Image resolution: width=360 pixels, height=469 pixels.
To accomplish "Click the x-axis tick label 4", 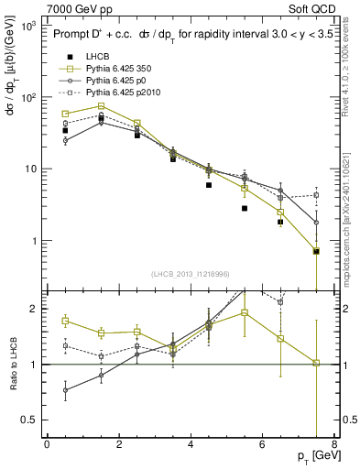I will (x=191, y=443).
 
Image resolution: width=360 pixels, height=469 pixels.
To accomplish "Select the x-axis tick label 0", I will (x=47, y=443).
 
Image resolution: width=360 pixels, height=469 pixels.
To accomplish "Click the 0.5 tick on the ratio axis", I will (x=32, y=420).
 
